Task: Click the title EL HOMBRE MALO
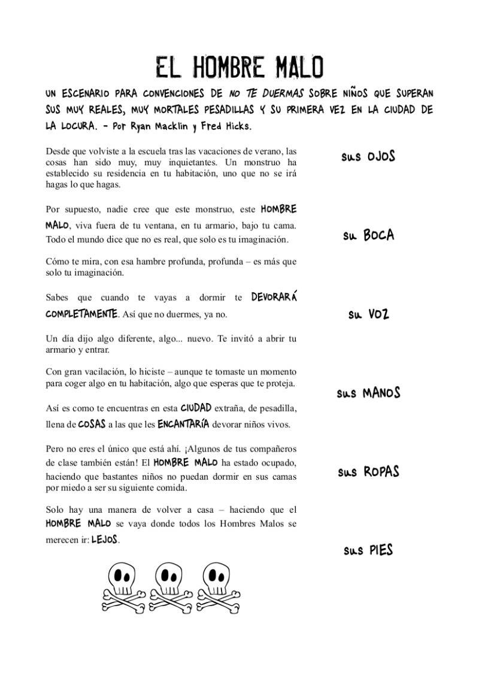pos(239,68)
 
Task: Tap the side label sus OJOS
pos(368,157)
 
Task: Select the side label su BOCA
pos(369,235)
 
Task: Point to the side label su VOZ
pos(369,314)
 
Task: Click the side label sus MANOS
pos(368,394)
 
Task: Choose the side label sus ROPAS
pos(368,472)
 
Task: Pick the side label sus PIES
pos(368,550)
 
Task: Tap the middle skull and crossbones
pos(170,586)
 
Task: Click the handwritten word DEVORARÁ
pos(274,297)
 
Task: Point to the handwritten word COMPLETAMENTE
pos(81,314)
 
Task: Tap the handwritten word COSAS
pos(92,424)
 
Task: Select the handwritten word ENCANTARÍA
pos(183,424)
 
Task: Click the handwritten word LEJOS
pos(104,539)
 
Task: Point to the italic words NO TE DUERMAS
pos(266,94)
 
